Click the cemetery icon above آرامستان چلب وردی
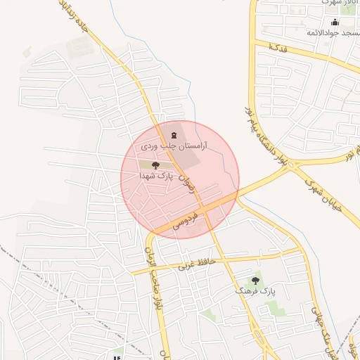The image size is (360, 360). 174,135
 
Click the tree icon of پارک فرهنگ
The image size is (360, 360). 255,280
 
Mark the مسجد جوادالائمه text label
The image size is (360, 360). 333,32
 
